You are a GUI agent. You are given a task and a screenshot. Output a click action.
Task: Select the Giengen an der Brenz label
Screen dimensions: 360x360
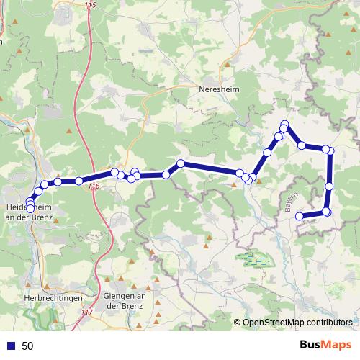[125, 302]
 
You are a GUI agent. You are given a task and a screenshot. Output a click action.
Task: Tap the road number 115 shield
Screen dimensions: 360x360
[89, 5]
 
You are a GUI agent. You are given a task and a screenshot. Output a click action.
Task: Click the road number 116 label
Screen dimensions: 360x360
[92, 186]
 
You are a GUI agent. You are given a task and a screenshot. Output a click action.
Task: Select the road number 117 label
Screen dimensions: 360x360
[87, 312]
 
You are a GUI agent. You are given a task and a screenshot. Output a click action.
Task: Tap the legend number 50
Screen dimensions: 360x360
[28, 346]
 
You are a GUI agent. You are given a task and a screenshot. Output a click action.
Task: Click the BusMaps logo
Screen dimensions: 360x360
[322, 346]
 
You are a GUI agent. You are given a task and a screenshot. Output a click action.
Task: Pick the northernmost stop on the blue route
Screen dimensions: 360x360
[285, 125]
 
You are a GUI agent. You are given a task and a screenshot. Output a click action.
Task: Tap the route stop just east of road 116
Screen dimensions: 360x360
[114, 173]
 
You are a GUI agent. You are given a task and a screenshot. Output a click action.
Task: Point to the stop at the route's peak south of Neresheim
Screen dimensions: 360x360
[181, 164]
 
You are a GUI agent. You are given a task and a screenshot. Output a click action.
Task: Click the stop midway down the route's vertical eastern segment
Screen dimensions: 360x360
[330, 186]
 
